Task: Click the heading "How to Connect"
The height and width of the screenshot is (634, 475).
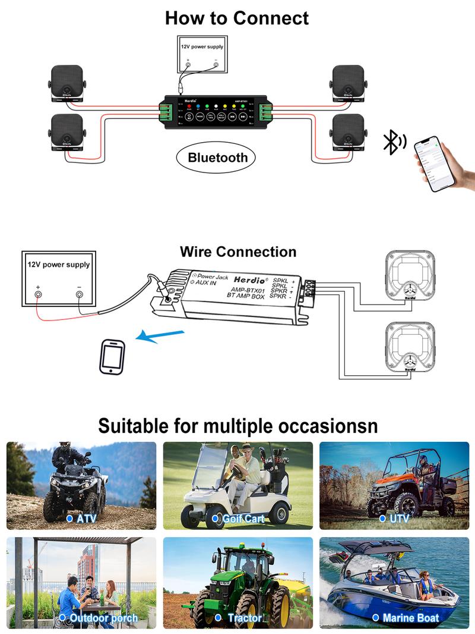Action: click(237, 18)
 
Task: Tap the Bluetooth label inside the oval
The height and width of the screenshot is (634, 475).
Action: click(217, 158)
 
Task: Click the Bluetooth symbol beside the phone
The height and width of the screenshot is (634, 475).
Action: click(393, 142)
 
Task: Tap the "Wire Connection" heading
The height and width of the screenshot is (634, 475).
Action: click(237, 252)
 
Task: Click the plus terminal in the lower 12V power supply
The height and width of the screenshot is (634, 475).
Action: click(38, 294)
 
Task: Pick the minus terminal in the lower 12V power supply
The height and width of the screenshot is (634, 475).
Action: click(79, 294)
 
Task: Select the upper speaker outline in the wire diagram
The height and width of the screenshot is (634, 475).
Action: click(410, 276)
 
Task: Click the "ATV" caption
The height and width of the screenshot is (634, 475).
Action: click(85, 519)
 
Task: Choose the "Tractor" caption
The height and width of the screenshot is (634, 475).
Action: click(244, 619)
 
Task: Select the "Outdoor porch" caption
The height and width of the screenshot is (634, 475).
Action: click(103, 619)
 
